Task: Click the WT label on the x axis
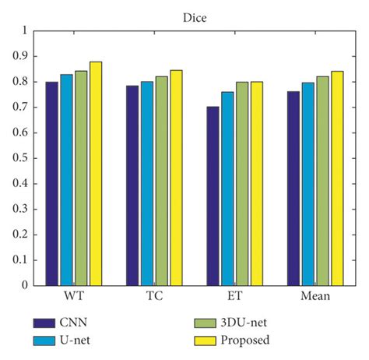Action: (x=74, y=297)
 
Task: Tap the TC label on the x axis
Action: (x=154, y=297)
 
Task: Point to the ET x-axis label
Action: (x=234, y=297)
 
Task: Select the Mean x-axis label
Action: (x=315, y=297)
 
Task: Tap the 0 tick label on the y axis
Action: (x=24, y=285)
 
